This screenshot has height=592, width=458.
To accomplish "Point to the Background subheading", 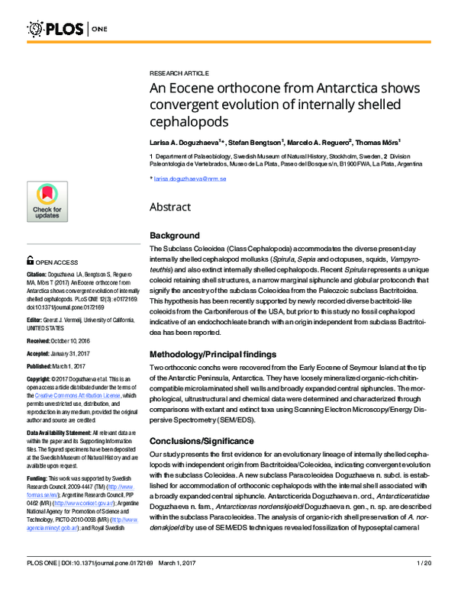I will tap(175, 236).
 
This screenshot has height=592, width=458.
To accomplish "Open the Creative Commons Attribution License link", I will tap(85, 397).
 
